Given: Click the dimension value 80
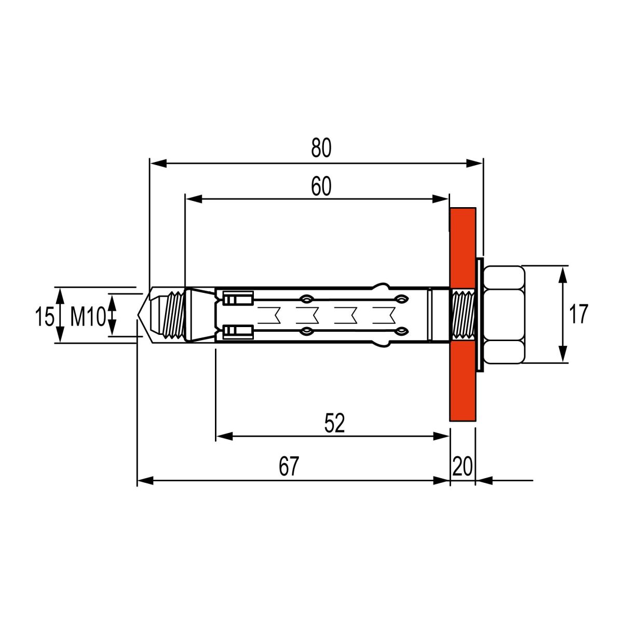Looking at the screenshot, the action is [x=321, y=147].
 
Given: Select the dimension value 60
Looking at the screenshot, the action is [x=321, y=186].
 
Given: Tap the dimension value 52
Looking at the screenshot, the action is [x=335, y=423].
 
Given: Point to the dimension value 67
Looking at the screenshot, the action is [x=289, y=466].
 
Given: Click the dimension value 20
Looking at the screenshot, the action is [x=463, y=466].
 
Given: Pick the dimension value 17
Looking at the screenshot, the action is [x=578, y=314].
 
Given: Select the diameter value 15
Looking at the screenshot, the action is [x=44, y=316].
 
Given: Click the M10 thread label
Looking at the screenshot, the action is [x=88, y=316].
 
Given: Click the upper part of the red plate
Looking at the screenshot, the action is [x=463, y=247].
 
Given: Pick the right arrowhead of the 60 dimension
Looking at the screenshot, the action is [x=440, y=199].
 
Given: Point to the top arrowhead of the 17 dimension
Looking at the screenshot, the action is [x=563, y=274].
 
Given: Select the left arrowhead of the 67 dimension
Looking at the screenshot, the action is [x=145, y=480].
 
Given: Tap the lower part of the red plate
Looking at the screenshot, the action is [x=463, y=382].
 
